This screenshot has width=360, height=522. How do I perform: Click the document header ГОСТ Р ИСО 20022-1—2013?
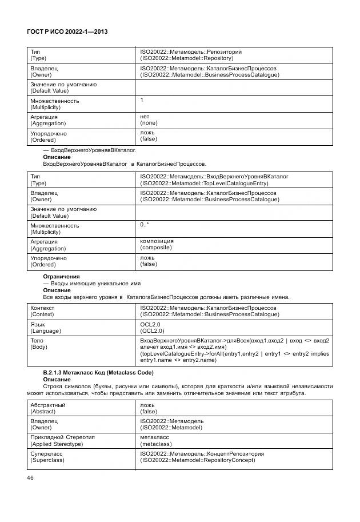click(68, 32)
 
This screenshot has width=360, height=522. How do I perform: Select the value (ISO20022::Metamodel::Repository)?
click(186, 58)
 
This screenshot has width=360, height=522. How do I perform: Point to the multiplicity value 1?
click(142, 99)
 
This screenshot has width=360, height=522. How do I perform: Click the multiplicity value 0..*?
click(145, 225)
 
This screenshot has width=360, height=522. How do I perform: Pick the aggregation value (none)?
click(149, 123)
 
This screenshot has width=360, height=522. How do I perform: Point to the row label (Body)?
click(39, 347)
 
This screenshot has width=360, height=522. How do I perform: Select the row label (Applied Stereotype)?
click(62, 444)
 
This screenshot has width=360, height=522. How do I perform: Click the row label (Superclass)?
click(48, 460)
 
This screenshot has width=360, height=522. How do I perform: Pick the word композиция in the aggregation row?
click(157, 241)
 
